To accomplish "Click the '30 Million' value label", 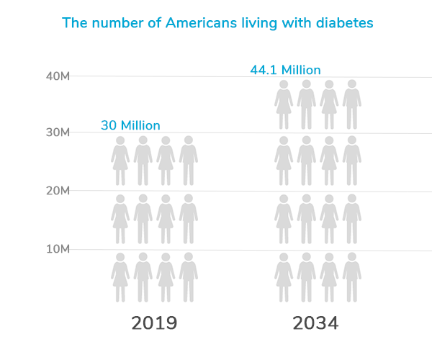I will click(130, 125).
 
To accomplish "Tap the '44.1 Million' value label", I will click(285, 70).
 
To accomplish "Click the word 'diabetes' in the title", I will click(345, 23).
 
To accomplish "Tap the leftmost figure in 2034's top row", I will click(284, 104).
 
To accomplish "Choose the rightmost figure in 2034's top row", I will click(351, 104).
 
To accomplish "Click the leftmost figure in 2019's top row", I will click(121, 161).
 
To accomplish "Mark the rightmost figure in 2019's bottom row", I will click(189, 277).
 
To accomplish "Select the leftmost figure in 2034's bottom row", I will click(284, 277).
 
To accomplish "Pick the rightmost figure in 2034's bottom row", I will click(351, 277).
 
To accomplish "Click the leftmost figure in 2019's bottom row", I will click(121, 277).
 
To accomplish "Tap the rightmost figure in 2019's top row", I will click(189, 161).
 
